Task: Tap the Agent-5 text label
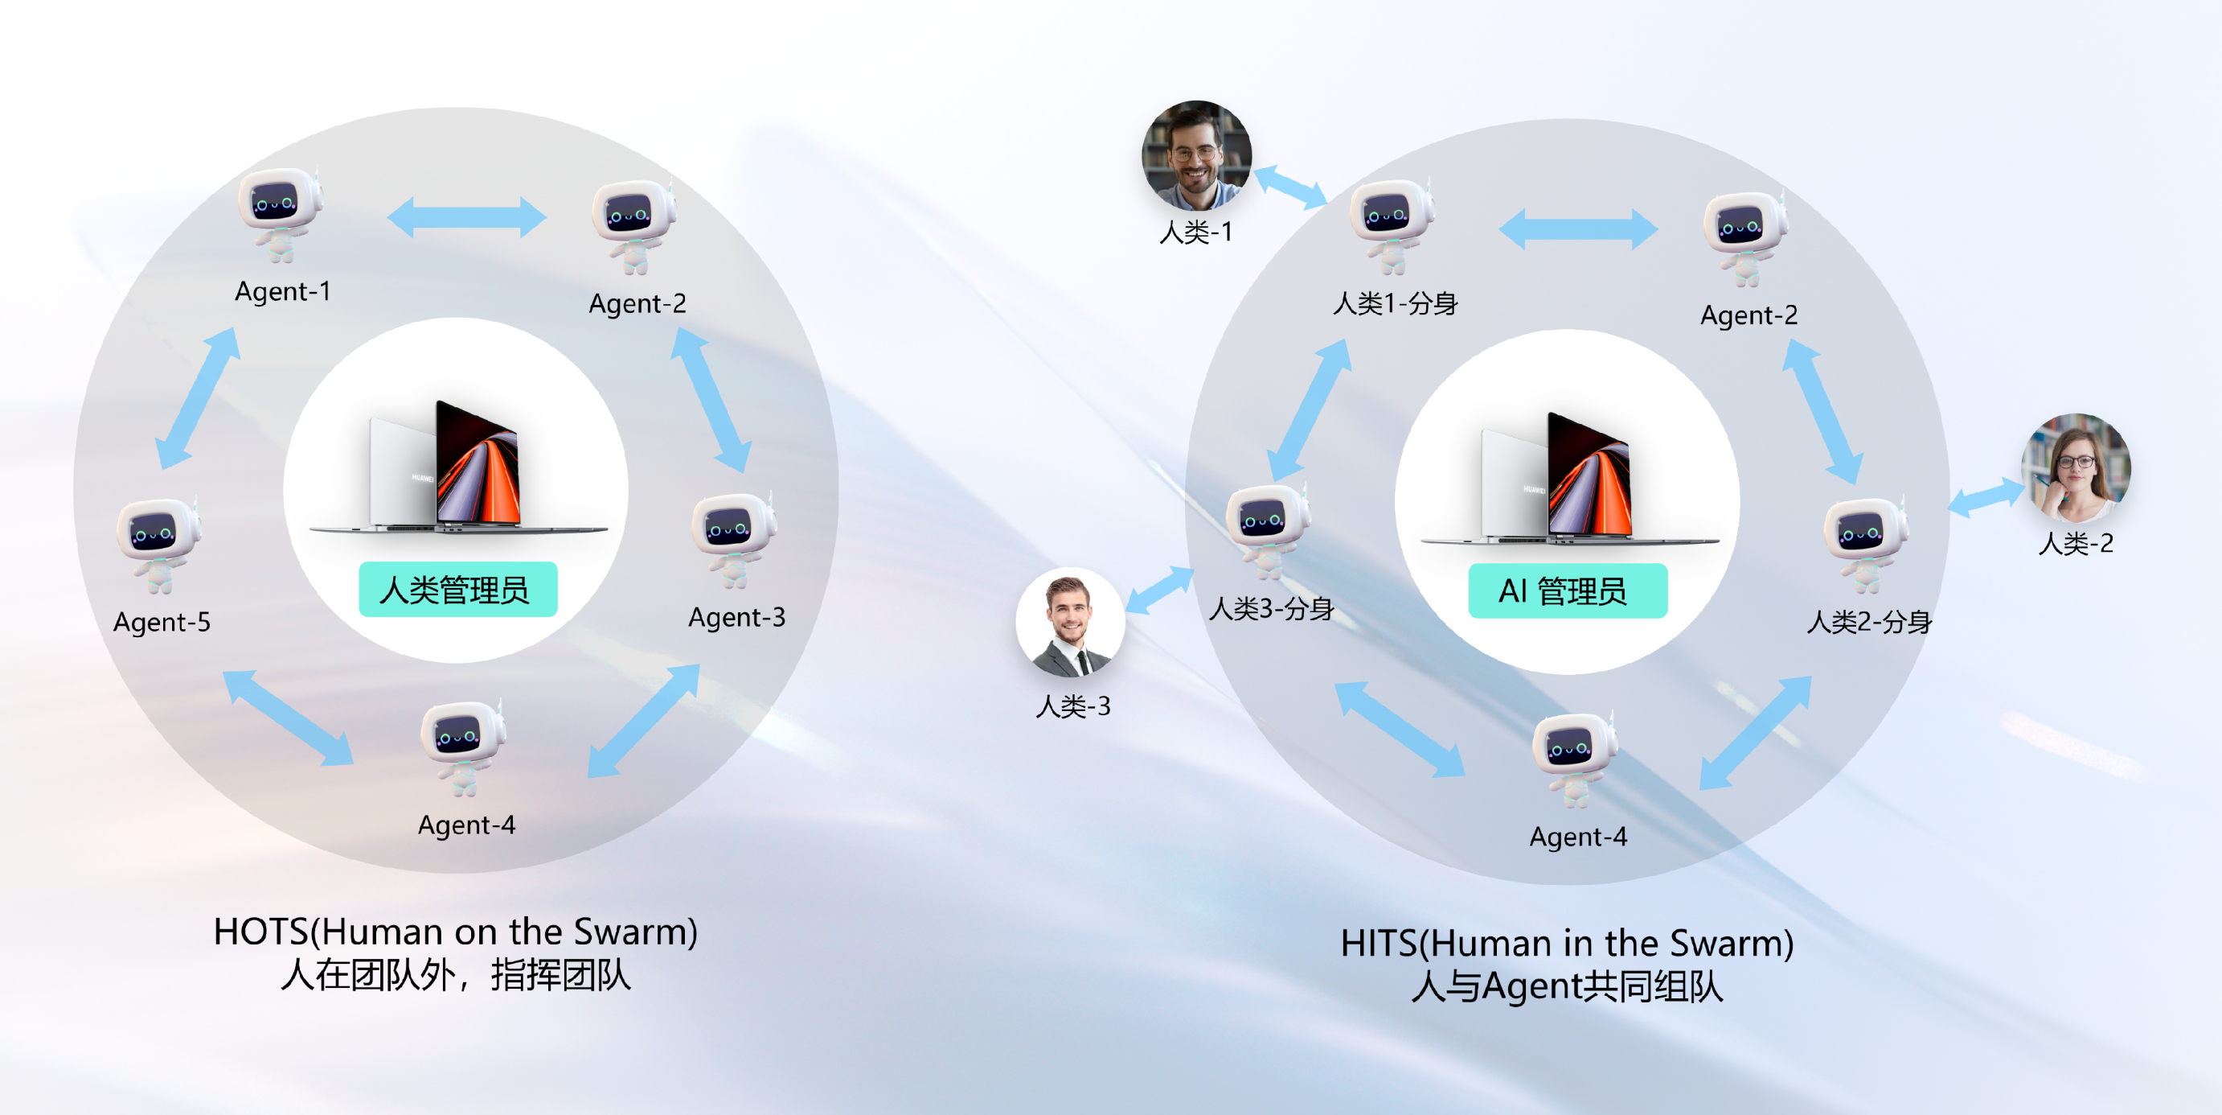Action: [x=162, y=622]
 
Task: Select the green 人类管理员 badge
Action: [x=457, y=590]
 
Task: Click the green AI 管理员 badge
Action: [x=1568, y=591]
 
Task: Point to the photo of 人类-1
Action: [x=1196, y=155]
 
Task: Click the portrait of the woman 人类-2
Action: [x=2076, y=467]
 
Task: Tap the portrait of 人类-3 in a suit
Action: [x=1071, y=621]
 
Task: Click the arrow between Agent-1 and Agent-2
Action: [x=466, y=216]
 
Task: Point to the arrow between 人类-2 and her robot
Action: [x=1986, y=498]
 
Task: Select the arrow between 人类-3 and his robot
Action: [x=1159, y=590]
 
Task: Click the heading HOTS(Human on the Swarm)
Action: [x=456, y=932]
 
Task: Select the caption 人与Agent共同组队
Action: [x=1568, y=985]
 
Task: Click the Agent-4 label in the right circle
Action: [x=1579, y=837]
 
